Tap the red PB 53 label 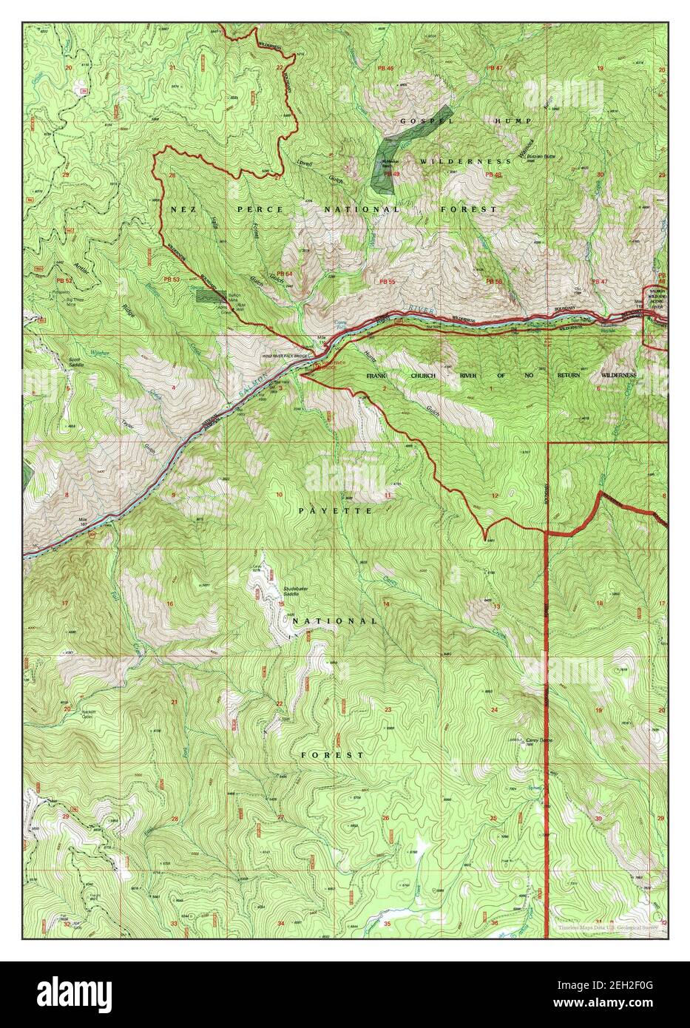(172, 280)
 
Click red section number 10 (279, 494)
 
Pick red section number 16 (170, 604)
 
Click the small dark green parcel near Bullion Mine (210, 295)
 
